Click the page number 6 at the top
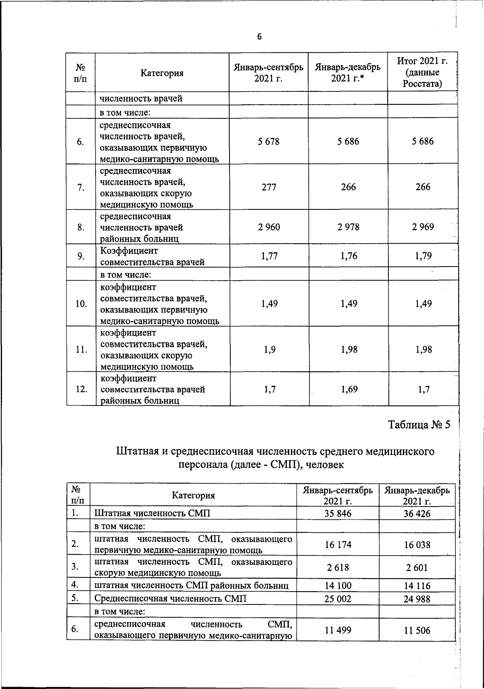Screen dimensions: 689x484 [259, 37]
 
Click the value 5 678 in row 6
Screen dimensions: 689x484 [269, 141]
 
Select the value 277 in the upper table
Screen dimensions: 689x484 [269, 187]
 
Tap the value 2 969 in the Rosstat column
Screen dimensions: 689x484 [423, 227]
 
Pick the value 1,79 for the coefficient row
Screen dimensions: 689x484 [423, 256]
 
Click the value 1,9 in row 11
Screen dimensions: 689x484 [270, 350]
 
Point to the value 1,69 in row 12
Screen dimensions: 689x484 [349, 389]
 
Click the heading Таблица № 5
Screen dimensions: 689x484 [419, 425]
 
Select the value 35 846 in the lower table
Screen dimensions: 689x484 [338, 513]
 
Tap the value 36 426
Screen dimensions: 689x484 [417, 514]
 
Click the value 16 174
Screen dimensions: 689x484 [338, 545]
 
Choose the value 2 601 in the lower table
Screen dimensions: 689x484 [417, 568]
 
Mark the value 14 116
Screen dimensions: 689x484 [417, 586]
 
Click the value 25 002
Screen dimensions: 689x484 [338, 599]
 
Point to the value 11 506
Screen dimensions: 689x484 [417, 631]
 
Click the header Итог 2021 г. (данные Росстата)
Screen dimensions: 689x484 [422, 72]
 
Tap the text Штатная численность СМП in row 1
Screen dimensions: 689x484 [152, 513]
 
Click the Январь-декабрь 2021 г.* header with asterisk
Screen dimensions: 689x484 [348, 72]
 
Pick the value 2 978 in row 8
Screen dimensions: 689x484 [348, 227]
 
